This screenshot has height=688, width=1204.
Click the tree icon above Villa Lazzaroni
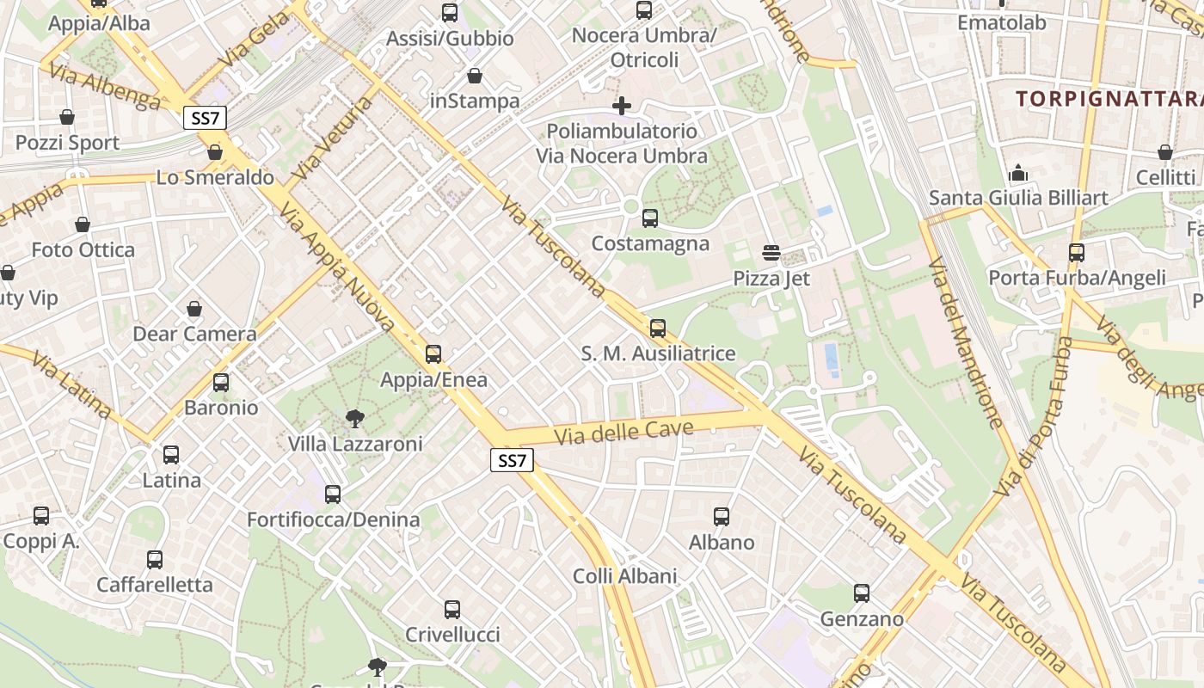pos(353,419)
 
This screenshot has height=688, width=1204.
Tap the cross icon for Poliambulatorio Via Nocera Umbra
pos(622,106)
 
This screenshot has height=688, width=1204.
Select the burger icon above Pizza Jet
pos(771,253)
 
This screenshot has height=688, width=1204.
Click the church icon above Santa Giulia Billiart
pos(1018,173)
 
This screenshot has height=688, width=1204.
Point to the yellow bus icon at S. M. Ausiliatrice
pos(658,328)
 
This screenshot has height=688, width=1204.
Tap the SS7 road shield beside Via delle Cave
pos(512,460)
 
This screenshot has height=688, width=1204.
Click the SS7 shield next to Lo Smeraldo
pos(205,118)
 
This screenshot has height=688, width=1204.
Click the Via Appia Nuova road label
pos(337,268)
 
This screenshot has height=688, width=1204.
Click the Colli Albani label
pos(625,575)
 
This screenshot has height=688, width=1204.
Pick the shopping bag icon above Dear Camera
pos(194,309)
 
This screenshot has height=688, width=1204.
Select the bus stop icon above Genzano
pos(862,593)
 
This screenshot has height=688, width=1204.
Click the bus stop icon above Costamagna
pos(650,218)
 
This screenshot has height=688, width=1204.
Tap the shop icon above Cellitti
pos(1165,152)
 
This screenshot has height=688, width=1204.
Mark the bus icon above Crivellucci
pos(452,610)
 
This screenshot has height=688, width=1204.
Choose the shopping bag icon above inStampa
pos(474,76)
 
